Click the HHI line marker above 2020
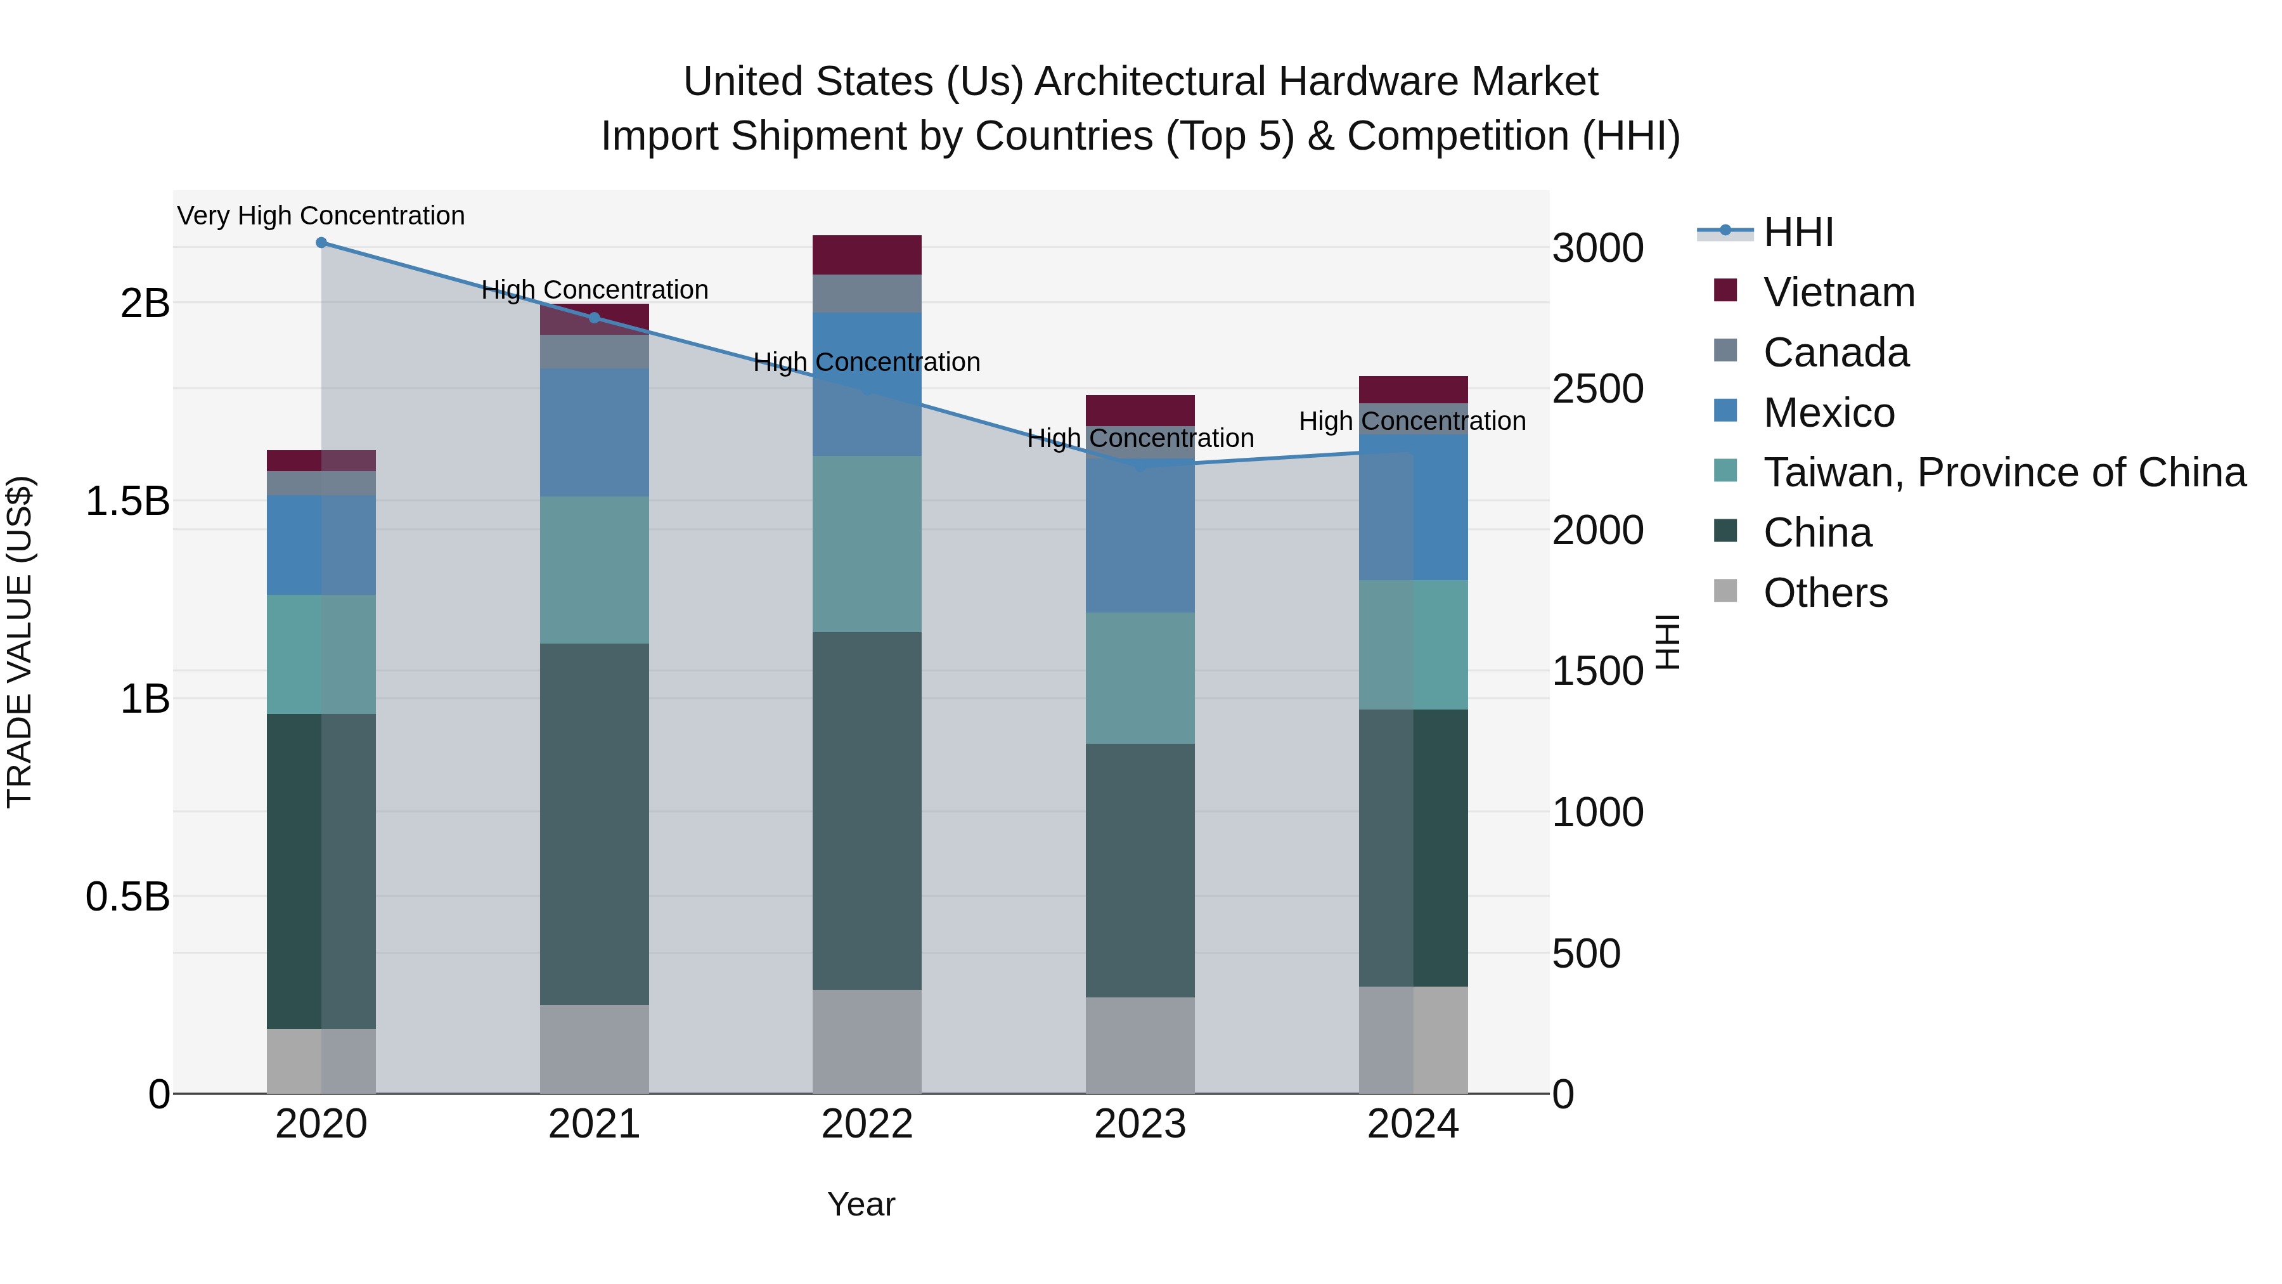(x=321, y=243)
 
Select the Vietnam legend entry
(x=1838, y=292)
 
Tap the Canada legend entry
(x=1836, y=353)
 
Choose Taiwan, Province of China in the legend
(x=2004, y=472)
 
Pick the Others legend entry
(x=1825, y=593)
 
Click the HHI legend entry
(x=1798, y=232)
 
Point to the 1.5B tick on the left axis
(x=127, y=502)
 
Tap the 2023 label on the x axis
(x=1140, y=1124)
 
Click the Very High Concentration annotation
(x=321, y=216)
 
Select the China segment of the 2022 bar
(x=867, y=811)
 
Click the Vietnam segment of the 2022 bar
(x=867, y=255)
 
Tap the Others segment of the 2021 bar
(x=595, y=1049)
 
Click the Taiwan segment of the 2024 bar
(x=1413, y=645)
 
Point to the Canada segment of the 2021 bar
(x=595, y=352)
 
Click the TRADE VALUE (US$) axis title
(x=20, y=642)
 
